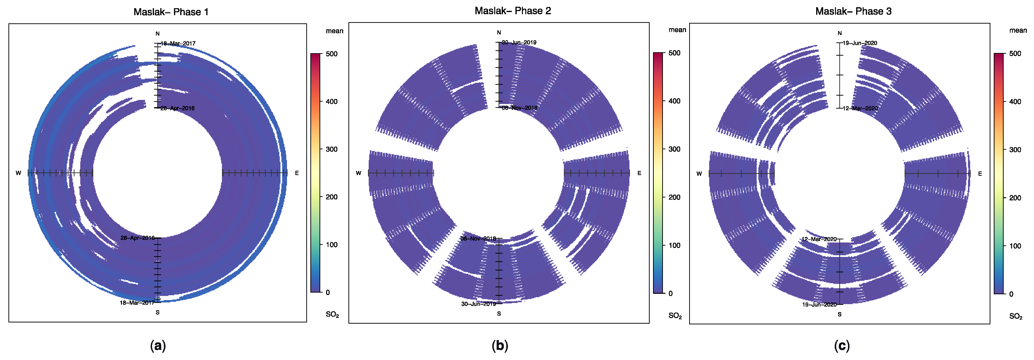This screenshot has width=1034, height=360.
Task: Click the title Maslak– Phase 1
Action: pos(171,12)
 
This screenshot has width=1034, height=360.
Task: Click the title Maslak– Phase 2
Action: pos(513,11)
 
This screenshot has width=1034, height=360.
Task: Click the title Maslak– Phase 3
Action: pos(853,11)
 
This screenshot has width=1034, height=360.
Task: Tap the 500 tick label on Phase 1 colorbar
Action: pos(332,54)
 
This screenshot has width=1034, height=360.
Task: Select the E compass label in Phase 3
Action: pos(980,174)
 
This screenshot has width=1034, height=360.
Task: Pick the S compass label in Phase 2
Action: pos(499,314)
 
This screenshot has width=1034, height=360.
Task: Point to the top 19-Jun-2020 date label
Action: pos(860,43)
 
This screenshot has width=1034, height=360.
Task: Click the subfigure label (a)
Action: pos(158,346)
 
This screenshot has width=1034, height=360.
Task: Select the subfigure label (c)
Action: pos(842,346)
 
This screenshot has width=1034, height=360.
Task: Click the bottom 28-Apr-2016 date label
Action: pos(137,238)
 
